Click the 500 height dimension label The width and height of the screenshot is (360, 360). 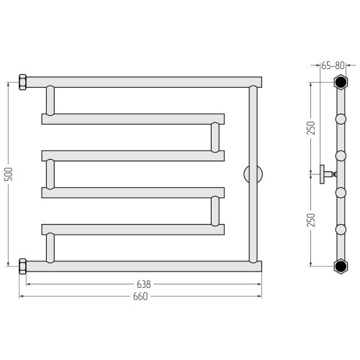(9, 174)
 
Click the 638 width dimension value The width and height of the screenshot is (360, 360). (144, 284)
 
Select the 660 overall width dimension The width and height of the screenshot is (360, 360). (140, 297)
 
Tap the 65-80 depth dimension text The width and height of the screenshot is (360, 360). (333, 66)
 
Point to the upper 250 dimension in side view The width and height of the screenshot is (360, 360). (311, 128)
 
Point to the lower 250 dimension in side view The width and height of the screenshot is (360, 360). (311, 220)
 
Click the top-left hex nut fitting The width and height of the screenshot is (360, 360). (22, 82)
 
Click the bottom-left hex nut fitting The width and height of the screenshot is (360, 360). (22, 266)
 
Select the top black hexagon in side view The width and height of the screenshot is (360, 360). (341, 82)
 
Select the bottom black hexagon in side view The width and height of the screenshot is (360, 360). (341, 266)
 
